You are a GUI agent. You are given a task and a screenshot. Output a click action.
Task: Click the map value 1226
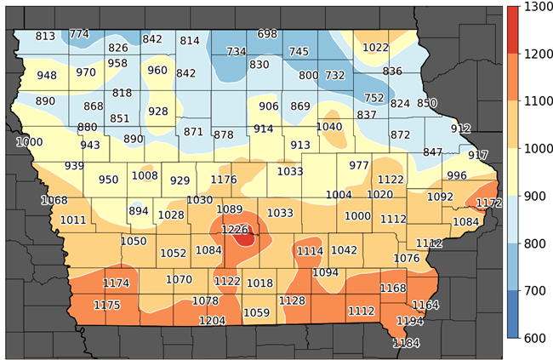tap(234, 229)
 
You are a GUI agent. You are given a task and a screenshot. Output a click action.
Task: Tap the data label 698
tap(267, 34)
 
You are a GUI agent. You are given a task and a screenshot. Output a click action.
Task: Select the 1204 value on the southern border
tap(212, 320)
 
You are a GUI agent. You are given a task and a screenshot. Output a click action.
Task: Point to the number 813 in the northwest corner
tap(45, 36)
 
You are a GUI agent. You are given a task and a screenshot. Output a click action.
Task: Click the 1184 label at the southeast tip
tap(407, 343)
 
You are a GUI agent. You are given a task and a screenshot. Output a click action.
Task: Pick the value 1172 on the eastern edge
tap(489, 203)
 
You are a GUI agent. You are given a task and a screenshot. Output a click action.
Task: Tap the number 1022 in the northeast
tap(375, 48)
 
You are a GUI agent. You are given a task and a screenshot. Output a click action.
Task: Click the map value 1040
tap(329, 127)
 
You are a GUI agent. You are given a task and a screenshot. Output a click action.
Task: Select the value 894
tap(138, 211)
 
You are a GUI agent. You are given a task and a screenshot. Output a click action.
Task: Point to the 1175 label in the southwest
tap(106, 305)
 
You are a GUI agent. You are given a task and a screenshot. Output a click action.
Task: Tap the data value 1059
tap(256, 312)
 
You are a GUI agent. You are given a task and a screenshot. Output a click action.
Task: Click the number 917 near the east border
tap(478, 155)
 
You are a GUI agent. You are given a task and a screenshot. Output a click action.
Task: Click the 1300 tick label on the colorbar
tap(536, 8)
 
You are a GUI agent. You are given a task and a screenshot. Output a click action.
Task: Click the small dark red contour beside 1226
tap(246, 239)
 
